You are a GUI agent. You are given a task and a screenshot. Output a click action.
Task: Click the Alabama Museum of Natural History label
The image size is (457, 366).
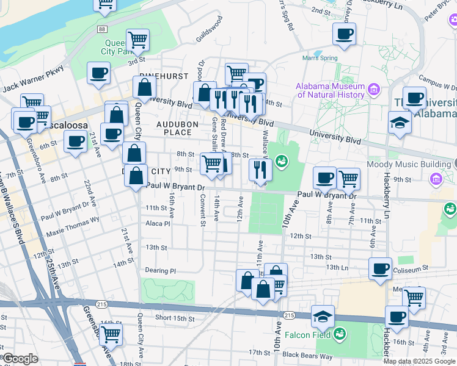click(x=331, y=90)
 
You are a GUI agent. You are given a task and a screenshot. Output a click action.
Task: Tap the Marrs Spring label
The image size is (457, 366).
click(x=320, y=59)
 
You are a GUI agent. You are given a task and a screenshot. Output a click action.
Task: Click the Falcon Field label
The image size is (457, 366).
click(x=307, y=335)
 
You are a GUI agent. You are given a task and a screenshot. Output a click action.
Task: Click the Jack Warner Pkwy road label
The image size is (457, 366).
click(x=32, y=79)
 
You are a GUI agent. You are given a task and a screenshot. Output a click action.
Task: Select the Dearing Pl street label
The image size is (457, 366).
click(x=160, y=270)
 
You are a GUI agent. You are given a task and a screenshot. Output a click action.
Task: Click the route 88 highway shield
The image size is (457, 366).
click(x=101, y=29)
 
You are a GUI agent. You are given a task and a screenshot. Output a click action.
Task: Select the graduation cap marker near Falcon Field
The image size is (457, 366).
click(x=323, y=317)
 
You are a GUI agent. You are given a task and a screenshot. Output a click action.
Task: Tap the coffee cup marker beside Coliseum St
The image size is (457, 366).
click(x=381, y=268)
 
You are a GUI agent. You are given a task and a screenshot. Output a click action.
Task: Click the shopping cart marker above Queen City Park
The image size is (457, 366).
click(x=137, y=40)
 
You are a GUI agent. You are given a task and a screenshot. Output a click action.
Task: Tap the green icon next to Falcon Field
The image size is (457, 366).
click(x=340, y=334)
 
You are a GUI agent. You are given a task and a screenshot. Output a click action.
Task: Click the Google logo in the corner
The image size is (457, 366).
click(x=20, y=358)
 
